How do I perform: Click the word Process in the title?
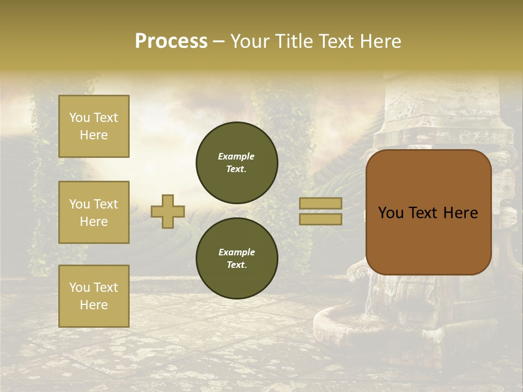coord(171,41)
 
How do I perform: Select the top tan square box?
coord(94,126)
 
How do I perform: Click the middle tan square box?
coord(94,212)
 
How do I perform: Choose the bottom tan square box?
coord(94,296)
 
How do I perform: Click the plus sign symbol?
coord(168,211)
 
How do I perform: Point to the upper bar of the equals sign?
coord(320,203)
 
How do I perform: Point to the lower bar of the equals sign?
coord(320,219)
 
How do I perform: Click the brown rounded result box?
coord(428,240)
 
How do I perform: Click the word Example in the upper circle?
coord(236,156)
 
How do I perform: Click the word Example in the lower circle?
coord(236,252)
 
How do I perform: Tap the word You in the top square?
coord(80,118)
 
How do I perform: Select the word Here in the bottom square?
coord(94,305)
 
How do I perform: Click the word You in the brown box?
coord(391,213)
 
